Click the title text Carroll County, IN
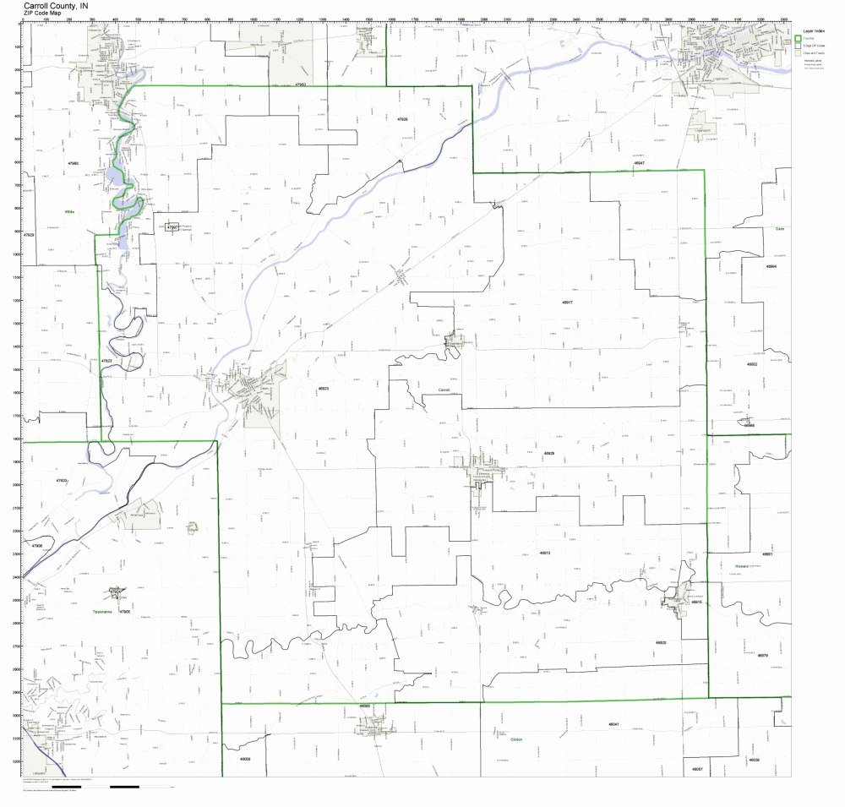tap(55, 5)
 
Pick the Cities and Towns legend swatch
tap(799, 53)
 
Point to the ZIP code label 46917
tap(567, 301)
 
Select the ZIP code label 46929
tap(549, 454)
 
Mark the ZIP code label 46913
tap(545, 553)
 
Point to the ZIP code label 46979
tap(762, 655)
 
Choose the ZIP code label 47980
tap(73, 163)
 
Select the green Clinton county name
tap(516, 739)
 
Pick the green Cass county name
tap(781, 228)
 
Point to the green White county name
tap(68, 212)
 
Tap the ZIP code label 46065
tap(365, 705)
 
